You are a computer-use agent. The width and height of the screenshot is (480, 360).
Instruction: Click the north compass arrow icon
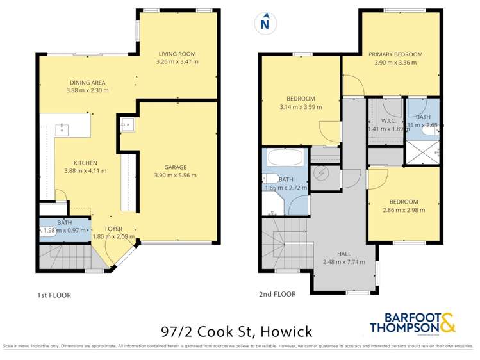264,24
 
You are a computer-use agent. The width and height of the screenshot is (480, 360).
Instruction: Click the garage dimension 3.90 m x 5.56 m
175,174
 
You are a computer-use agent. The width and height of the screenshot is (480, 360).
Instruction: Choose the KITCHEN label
85,162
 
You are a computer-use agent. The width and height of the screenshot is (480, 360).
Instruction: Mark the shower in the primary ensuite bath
420,152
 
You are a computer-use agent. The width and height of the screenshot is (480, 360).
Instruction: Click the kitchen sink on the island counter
63,128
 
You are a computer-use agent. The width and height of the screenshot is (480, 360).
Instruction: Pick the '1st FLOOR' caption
53,295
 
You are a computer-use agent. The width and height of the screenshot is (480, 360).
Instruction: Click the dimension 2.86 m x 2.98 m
403,209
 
